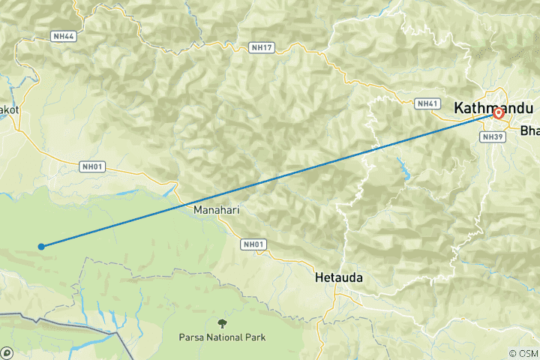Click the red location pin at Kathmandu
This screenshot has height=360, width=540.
pos(498,114)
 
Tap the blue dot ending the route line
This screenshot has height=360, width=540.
pos(41,246)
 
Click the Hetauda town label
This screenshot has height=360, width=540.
pos(338,277)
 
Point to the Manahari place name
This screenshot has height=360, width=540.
pos(217,210)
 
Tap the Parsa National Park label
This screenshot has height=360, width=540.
pos(222,337)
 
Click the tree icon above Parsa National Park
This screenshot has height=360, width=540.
pos(222,323)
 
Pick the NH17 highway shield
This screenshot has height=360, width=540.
pos(262,48)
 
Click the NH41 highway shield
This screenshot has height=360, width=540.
pos(427,103)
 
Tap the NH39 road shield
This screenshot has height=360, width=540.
pos(493,137)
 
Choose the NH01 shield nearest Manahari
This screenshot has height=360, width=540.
pos(253,244)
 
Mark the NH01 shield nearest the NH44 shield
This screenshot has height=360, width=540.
pos(91,166)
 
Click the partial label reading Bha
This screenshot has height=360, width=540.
pos(529,131)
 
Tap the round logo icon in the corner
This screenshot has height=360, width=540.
pos(6,352)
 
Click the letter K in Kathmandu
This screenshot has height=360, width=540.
pos(460,108)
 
